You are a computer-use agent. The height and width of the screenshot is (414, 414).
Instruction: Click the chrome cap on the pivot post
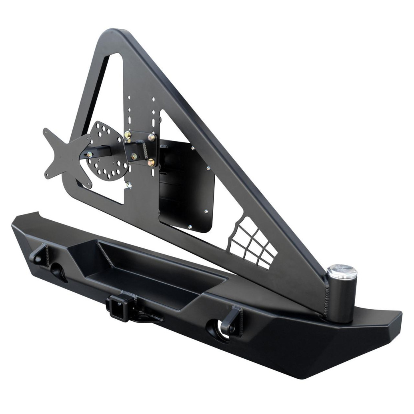coord(342,272)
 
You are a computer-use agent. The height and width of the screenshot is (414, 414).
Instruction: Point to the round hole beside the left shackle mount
coord(58,272)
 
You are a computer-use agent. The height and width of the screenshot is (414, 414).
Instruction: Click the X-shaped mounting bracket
coord(64,156)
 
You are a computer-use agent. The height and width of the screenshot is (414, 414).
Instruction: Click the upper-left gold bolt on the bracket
coord(128,135)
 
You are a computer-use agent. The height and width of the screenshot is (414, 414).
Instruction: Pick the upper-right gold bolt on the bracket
coord(152,137)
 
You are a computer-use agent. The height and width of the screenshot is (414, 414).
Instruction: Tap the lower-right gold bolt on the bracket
coord(151,162)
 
